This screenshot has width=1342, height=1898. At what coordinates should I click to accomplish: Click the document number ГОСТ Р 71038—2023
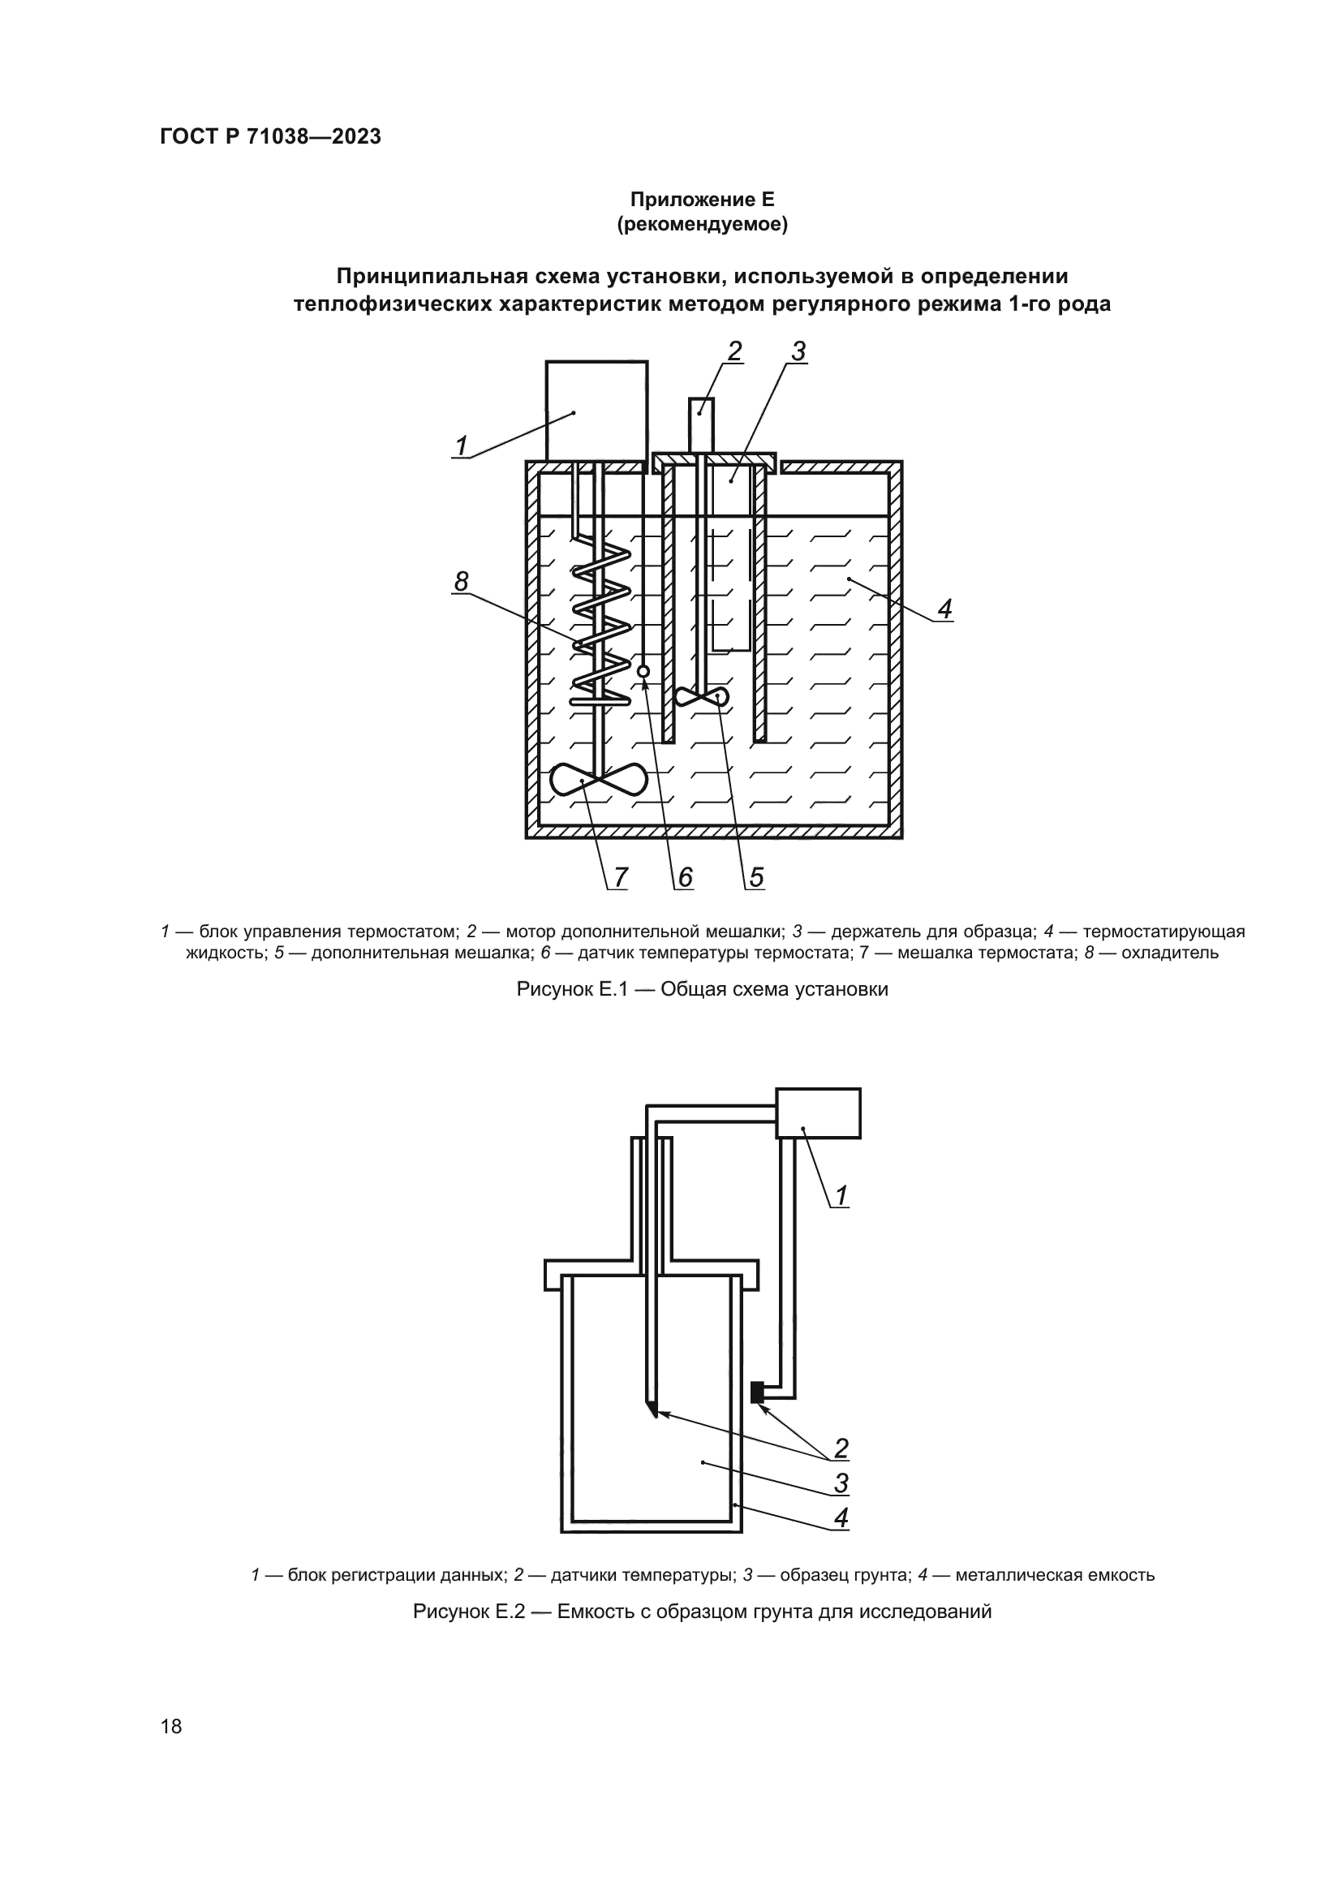[270, 137]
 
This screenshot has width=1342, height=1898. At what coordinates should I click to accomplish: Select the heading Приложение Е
[702, 200]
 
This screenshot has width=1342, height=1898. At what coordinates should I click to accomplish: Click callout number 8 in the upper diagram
[461, 582]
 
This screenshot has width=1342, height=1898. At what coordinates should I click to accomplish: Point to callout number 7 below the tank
[620, 876]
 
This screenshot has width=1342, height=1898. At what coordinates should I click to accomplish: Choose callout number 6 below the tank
[685, 876]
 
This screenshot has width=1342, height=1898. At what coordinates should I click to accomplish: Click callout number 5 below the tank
[756, 876]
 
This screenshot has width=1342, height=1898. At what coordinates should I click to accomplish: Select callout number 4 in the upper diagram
[944, 609]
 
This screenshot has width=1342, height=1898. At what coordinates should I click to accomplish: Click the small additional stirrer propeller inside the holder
[702, 697]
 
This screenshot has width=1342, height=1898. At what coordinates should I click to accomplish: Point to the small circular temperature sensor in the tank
[643, 670]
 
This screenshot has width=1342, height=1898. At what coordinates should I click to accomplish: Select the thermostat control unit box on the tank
[596, 410]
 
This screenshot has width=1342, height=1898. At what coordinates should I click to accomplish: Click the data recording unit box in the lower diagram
[818, 1113]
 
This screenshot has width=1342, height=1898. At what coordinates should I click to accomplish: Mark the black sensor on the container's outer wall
[755, 1393]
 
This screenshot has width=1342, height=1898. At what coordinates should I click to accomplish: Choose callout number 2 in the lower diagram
[841, 1448]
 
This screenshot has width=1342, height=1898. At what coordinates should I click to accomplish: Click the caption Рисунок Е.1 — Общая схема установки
[702, 989]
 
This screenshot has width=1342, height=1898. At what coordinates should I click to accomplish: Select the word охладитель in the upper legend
[1170, 953]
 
